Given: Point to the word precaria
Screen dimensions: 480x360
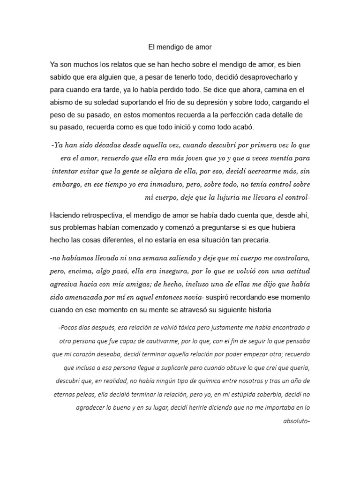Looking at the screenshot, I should (256, 240).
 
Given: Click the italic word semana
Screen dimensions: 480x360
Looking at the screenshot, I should (154, 258).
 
